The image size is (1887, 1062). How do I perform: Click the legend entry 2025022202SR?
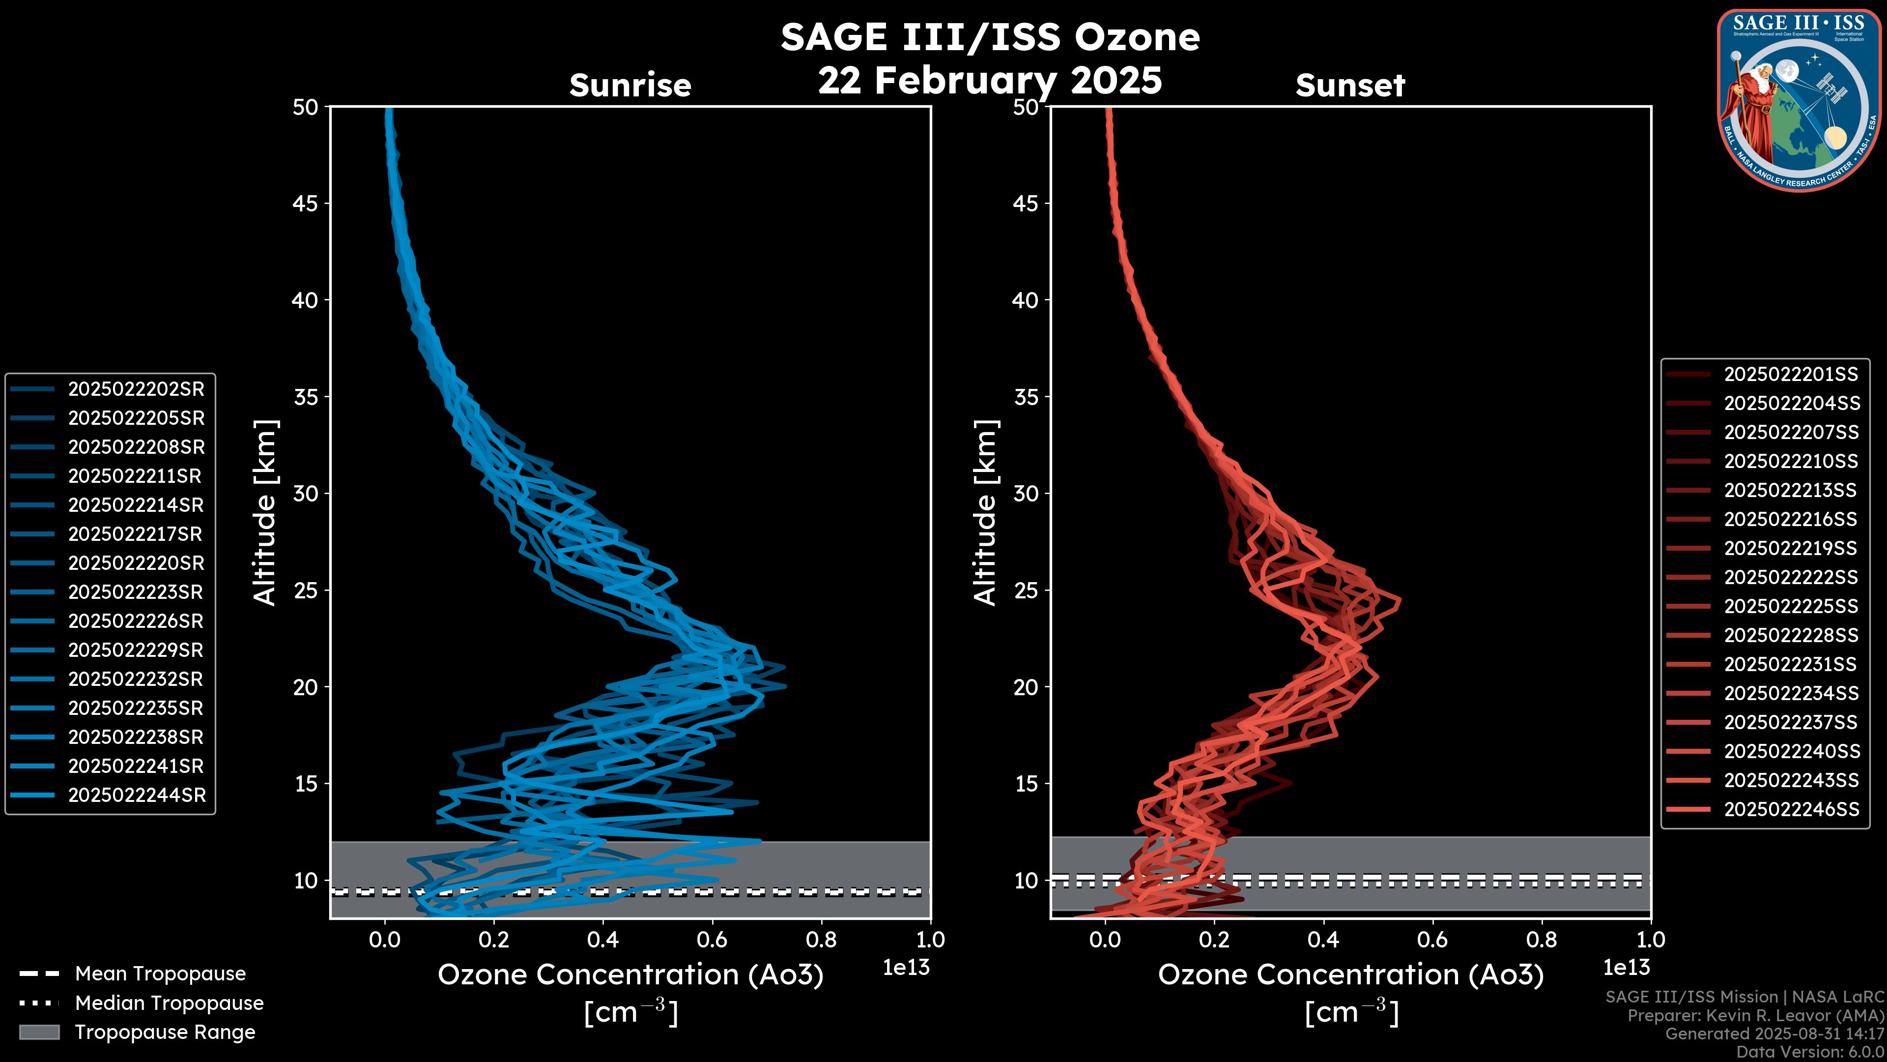(x=136, y=389)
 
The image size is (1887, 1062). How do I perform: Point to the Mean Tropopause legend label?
(x=160, y=973)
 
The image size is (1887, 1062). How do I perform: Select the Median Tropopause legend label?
(x=169, y=1003)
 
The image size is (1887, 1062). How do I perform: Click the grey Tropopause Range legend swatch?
(x=39, y=1032)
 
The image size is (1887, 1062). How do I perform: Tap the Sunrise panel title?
(x=630, y=85)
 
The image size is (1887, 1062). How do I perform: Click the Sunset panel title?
(x=1350, y=85)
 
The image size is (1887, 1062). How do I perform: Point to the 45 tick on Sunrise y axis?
(x=306, y=203)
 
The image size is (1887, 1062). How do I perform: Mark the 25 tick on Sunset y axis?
(x=1026, y=590)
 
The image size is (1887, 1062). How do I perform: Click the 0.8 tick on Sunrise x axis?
(x=821, y=939)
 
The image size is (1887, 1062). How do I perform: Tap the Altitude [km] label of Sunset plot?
(x=985, y=512)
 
